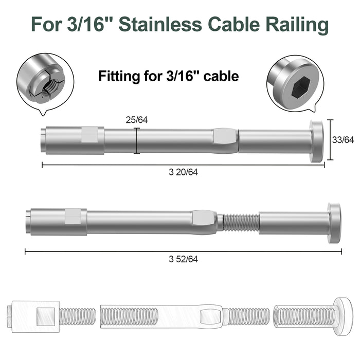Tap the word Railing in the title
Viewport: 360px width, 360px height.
tap(301, 24)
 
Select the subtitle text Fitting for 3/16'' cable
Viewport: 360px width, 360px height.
tap(169, 77)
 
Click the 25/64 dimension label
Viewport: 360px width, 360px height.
tap(137, 120)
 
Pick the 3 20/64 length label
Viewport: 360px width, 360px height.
tap(183, 172)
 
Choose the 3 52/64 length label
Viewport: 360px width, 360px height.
tap(183, 259)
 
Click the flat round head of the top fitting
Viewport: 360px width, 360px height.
tap(316, 141)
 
